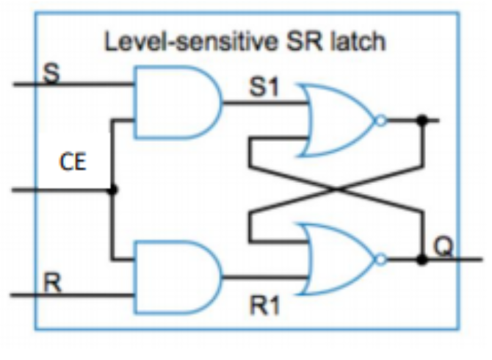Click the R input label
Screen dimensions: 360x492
(51, 283)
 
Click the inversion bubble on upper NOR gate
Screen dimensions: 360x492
(380, 120)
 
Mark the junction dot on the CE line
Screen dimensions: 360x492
(112, 190)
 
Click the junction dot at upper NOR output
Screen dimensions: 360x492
(422, 120)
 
